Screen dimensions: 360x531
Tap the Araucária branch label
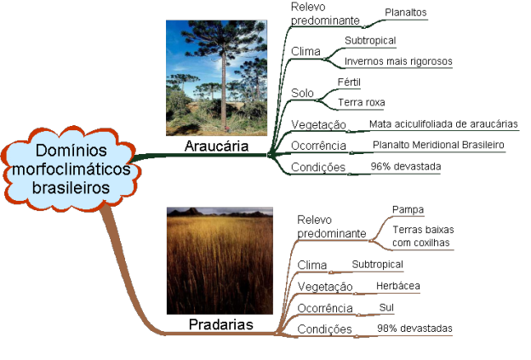pyautogui.click(x=217, y=146)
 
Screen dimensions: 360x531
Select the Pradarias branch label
pyautogui.click(x=222, y=324)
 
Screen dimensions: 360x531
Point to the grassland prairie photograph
pyautogui.click(x=220, y=260)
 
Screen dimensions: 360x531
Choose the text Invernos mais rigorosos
pyautogui.click(x=397, y=61)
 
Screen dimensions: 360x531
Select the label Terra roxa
pyautogui.click(x=361, y=103)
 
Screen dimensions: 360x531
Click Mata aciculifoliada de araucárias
pyautogui.click(x=443, y=124)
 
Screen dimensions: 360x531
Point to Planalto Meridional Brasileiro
pyautogui.click(x=438, y=146)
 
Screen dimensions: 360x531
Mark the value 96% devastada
pyautogui.click(x=406, y=167)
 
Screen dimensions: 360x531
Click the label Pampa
pyautogui.click(x=408, y=209)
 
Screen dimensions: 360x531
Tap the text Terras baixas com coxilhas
pyautogui.click(x=421, y=236)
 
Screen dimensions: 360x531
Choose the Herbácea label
pyautogui.click(x=398, y=286)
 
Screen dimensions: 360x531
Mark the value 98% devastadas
pyautogui.click(x=414, y=329)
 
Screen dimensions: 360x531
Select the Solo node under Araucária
pyautogui.click(x=302, y=93)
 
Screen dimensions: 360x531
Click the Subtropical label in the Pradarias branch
pyautogui.click(x=375, y=265)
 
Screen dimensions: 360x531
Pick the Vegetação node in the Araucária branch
pyautogui.click(x=318, y=125)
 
